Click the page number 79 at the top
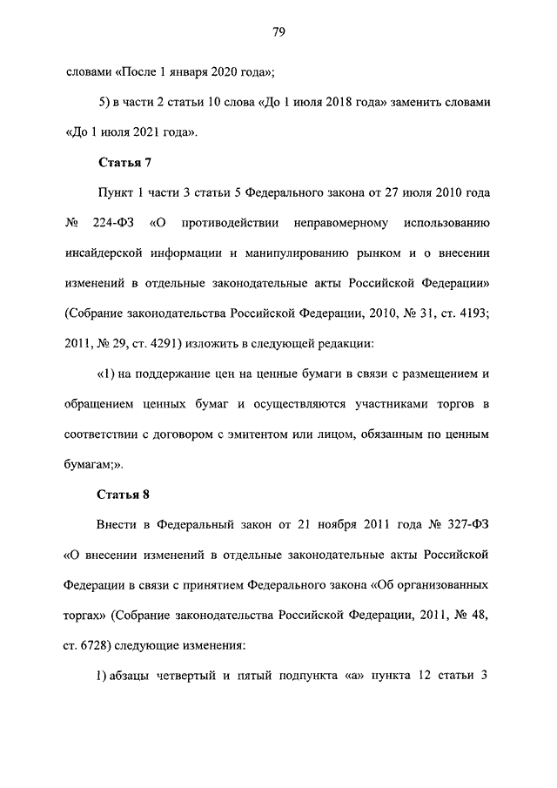pyautogui.click(x=278, y=32)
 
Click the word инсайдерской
pyautogui.click(x=108, y=253)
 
